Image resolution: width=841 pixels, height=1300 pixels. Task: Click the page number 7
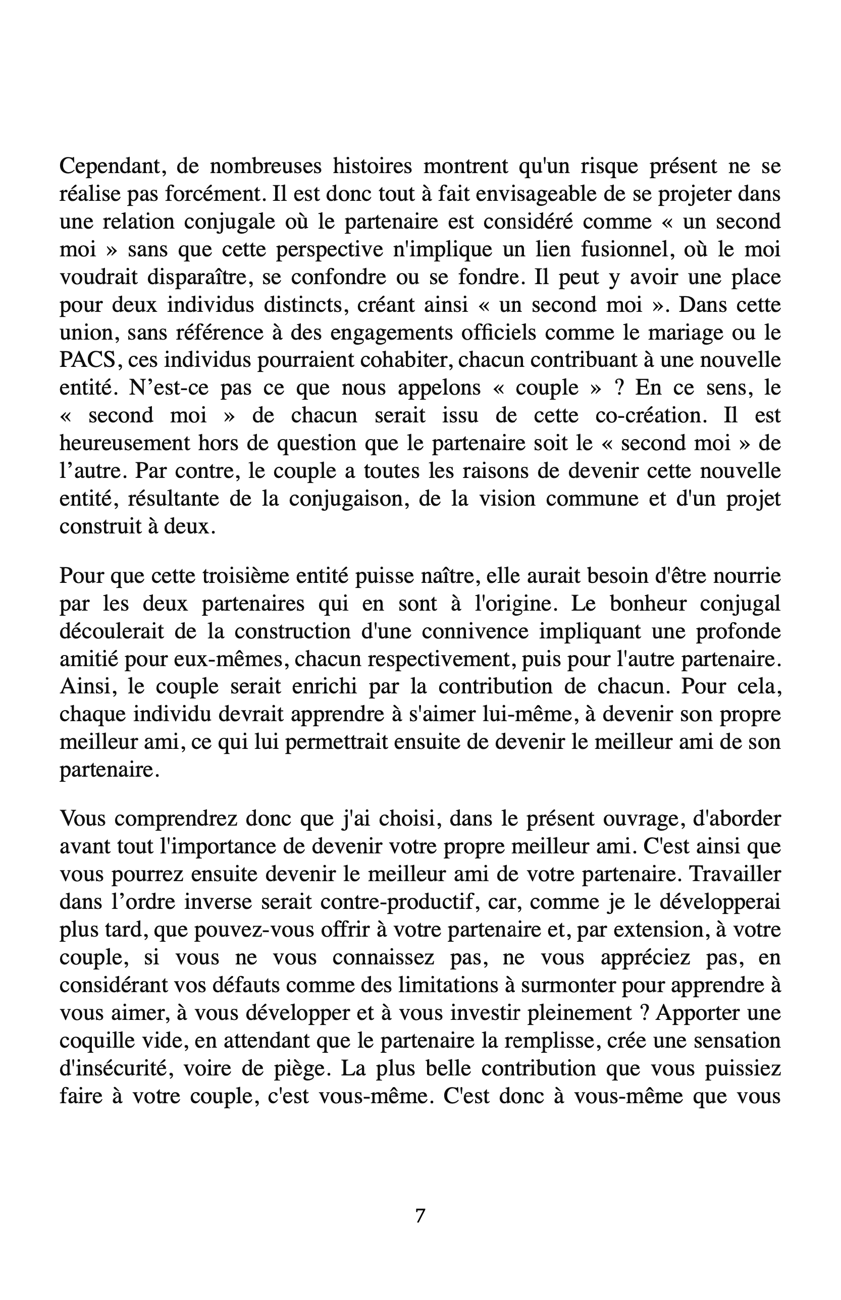(420, 1216)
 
